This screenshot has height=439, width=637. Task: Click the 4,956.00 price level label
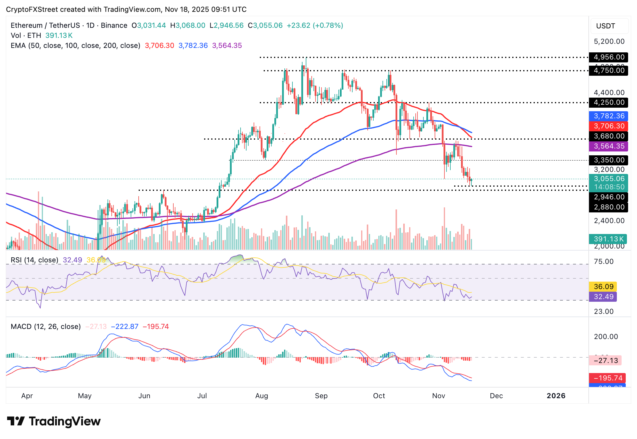pos(609,57)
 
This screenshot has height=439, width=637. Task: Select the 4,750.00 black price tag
pos(609,70)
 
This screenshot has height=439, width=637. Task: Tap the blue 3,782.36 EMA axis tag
pos(609,116)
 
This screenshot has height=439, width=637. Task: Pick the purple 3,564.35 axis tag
pos(609,146)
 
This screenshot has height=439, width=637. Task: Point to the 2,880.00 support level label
pos(609,207)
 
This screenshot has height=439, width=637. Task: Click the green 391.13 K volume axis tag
pos(608,239)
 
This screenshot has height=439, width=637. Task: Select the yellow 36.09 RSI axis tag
pos(603,286)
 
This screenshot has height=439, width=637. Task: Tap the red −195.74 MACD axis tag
pos(607,378)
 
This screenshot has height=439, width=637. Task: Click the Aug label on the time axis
pos(262,396)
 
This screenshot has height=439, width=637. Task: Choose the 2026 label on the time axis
pos(556,396)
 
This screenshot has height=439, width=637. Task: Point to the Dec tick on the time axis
pos(496,396)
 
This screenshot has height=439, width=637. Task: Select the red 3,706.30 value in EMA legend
pos(159,46)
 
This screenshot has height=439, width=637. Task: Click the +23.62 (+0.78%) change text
pos(315,25)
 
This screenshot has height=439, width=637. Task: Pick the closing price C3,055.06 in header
pos(265,25)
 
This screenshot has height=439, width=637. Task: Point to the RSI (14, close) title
pos(35,260)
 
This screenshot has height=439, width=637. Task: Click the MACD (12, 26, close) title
pos(46,327)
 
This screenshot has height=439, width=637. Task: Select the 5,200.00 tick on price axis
pos(609,41)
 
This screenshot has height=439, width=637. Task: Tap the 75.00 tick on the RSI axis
pos(604,262)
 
